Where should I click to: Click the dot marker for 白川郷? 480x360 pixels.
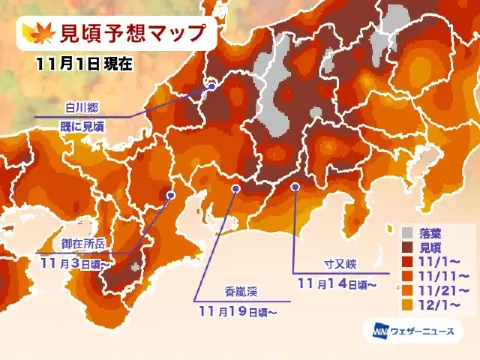pos(213,87)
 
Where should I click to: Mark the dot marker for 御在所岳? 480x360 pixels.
pos(171,195)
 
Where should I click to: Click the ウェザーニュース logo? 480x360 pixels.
pos(415,330)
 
